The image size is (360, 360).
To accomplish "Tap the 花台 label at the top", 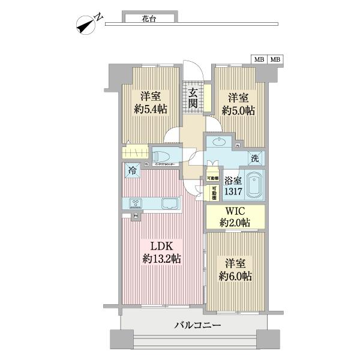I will pos(150,19).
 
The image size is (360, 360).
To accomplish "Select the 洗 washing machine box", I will pos(254,159).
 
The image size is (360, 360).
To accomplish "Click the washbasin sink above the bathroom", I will pos(218,142).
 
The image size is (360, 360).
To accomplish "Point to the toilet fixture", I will pos(161,155).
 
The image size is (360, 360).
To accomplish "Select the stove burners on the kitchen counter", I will pos(136,202).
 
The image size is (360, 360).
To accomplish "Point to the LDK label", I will pos(161,247).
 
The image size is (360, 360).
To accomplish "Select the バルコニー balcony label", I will pos(198,325).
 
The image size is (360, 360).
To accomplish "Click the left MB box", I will pos(259,59).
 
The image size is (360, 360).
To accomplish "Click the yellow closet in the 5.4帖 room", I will pos(136,152).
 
